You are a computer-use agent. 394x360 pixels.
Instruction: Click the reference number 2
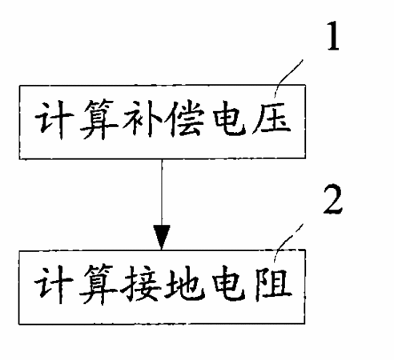pyautogui.click(x=332, y=198)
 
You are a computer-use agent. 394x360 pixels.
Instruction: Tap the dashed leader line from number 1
pyautogui.click(x=288, y=79)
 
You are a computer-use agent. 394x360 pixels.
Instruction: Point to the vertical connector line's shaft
pyautogui.click(x=162, y=193)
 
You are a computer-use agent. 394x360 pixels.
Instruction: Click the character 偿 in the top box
pyautogui.click(x=187, y=119)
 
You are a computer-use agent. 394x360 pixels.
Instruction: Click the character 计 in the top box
pyautogui.click(x=54, y=120)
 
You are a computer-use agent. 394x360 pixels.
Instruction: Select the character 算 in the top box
pyautogui.click(x=98, y=119)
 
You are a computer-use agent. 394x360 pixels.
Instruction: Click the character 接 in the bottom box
pyautogui.click(x=141, y=284)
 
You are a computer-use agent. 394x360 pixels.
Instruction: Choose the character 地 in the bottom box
pyautogui.click(x=186, y=283)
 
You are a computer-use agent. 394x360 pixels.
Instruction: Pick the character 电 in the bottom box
pyautogui.click(x=229, y=283)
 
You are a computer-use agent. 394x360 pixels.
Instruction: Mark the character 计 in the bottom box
pyautogui.click(x=54, y=284)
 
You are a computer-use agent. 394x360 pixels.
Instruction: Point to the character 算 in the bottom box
pyautogui.click(x=98, y=284)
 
